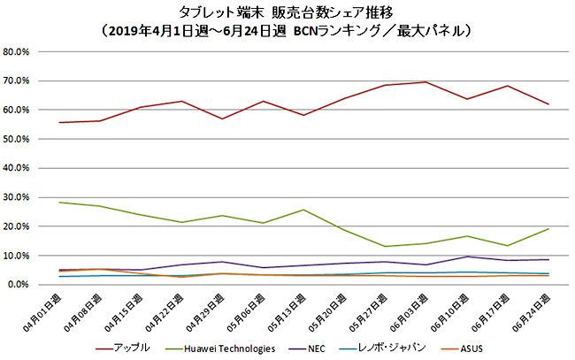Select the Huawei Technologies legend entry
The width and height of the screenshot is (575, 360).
[x=223, y=347]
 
